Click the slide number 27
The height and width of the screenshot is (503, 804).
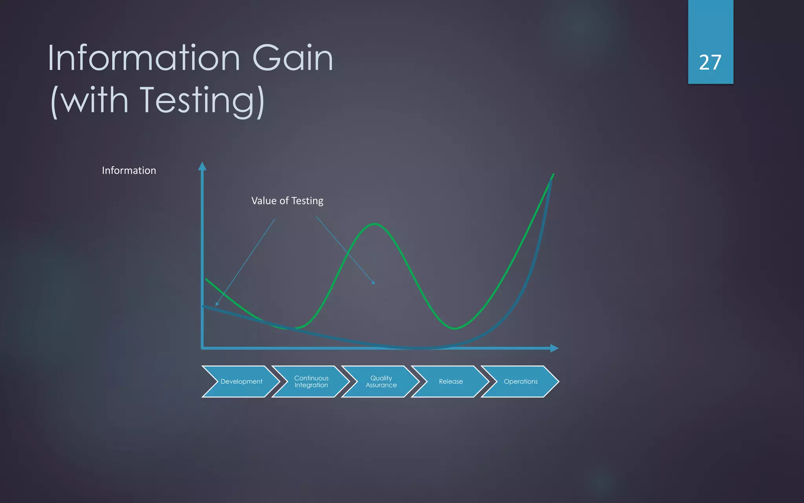click(710, 63)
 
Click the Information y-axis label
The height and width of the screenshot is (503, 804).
click(129, 170)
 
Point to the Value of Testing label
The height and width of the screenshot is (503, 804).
click(287, 201)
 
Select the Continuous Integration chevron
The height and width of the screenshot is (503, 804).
click(311, 381)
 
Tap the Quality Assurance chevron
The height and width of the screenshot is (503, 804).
click(381, 381)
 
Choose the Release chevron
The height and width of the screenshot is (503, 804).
click(451, 381)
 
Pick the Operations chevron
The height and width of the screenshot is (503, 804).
click(521, 381)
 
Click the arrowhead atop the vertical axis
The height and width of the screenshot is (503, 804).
click(202, 166)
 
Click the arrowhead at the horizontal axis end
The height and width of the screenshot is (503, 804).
click(554, 348)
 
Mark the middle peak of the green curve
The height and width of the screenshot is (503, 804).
click(375, 224)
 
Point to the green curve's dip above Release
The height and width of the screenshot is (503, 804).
click(455, 328)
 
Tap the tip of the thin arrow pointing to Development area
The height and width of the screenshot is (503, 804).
click(217, 305)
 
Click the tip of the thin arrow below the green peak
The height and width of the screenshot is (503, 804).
click(374, 283)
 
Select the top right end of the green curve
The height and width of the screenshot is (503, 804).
click(553, 174)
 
